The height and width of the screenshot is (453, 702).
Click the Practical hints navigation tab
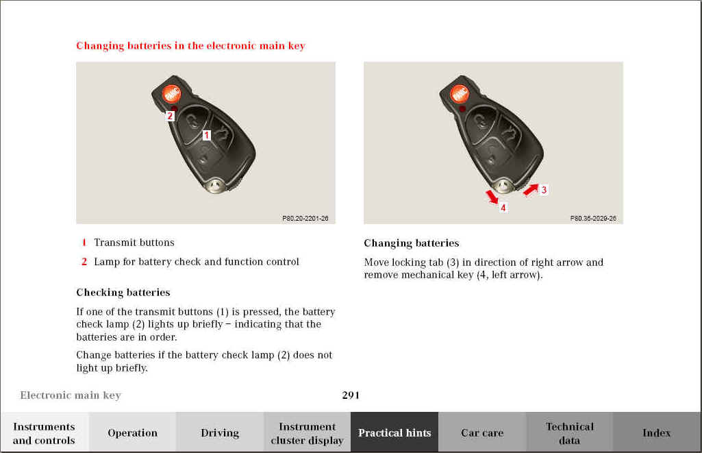pyautogui.click(x=394, y=432)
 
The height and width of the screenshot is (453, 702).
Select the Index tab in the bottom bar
pyautogui.click(x=656, y=432)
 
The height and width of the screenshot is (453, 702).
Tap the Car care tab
pyautogui.click(x=482, y=432)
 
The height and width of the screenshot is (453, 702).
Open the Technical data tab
pyautogui.click(x=569, y=432)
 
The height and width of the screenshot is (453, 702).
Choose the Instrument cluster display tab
pyautogui.click(x=307, y=432)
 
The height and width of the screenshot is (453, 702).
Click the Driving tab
pyautogui.click(x=220, y=432)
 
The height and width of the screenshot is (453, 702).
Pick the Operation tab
pyautogui.click(x=132, y=432)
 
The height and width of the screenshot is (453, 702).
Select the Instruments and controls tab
pyautogui.click(x=44, y=432)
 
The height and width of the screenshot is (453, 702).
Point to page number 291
pyautogui.click(x=351, y=395)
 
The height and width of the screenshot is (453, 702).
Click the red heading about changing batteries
pyautogui.click(x=190, y=46)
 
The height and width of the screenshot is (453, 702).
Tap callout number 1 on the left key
pyautogui.click(x=205, y=135)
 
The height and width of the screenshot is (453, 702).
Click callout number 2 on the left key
pyautogui.click(x=171, y=116)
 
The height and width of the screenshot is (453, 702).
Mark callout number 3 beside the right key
pyautogui.click(x=544, y=190)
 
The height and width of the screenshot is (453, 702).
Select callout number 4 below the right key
pyautogui.click(x=503, y=207)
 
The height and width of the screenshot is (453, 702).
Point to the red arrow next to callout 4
pyautogui.click(x=492, y=197)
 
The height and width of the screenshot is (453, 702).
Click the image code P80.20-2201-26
pyautogui.click(x=305, y=218)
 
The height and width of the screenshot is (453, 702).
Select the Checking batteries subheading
pyautogui.click(x=123, y=293)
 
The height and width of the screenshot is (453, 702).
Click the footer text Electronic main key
pyautogui.click(x=71, y=395)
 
